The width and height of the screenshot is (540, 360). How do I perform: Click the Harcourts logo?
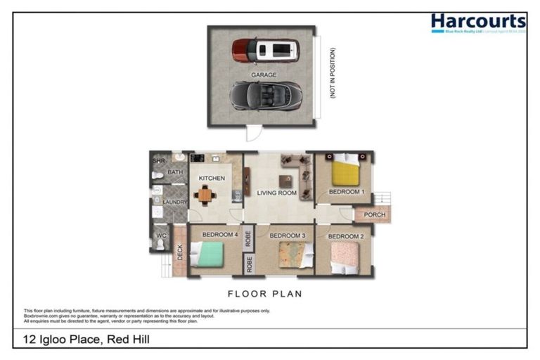[x=477, y=24]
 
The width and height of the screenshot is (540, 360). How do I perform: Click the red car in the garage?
[x=265, y=50]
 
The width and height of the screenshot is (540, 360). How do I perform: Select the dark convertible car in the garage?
[x=266, y=95]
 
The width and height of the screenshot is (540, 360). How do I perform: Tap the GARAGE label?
[x=264, y=75]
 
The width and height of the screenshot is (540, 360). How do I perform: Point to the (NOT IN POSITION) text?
[x=333, y=73]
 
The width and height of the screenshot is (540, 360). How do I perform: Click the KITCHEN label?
[x=211, y=179]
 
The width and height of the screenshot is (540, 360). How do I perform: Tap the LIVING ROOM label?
[x=276, y=193]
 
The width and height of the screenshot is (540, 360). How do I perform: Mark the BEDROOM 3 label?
[x=287, y=236]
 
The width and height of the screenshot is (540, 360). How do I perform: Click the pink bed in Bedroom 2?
[x=345, y=257]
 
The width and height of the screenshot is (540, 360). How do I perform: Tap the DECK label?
[x=180, y=252]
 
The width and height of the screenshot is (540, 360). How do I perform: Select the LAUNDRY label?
[x=175, y=202]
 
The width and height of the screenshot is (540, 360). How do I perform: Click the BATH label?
[x=175, y=172]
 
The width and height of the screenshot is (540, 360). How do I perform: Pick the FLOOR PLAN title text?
[x=265, y=294]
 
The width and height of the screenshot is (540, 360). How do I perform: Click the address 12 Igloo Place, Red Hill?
[x=84, y=340]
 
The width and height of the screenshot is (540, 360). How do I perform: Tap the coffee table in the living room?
[x=285, y=179]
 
